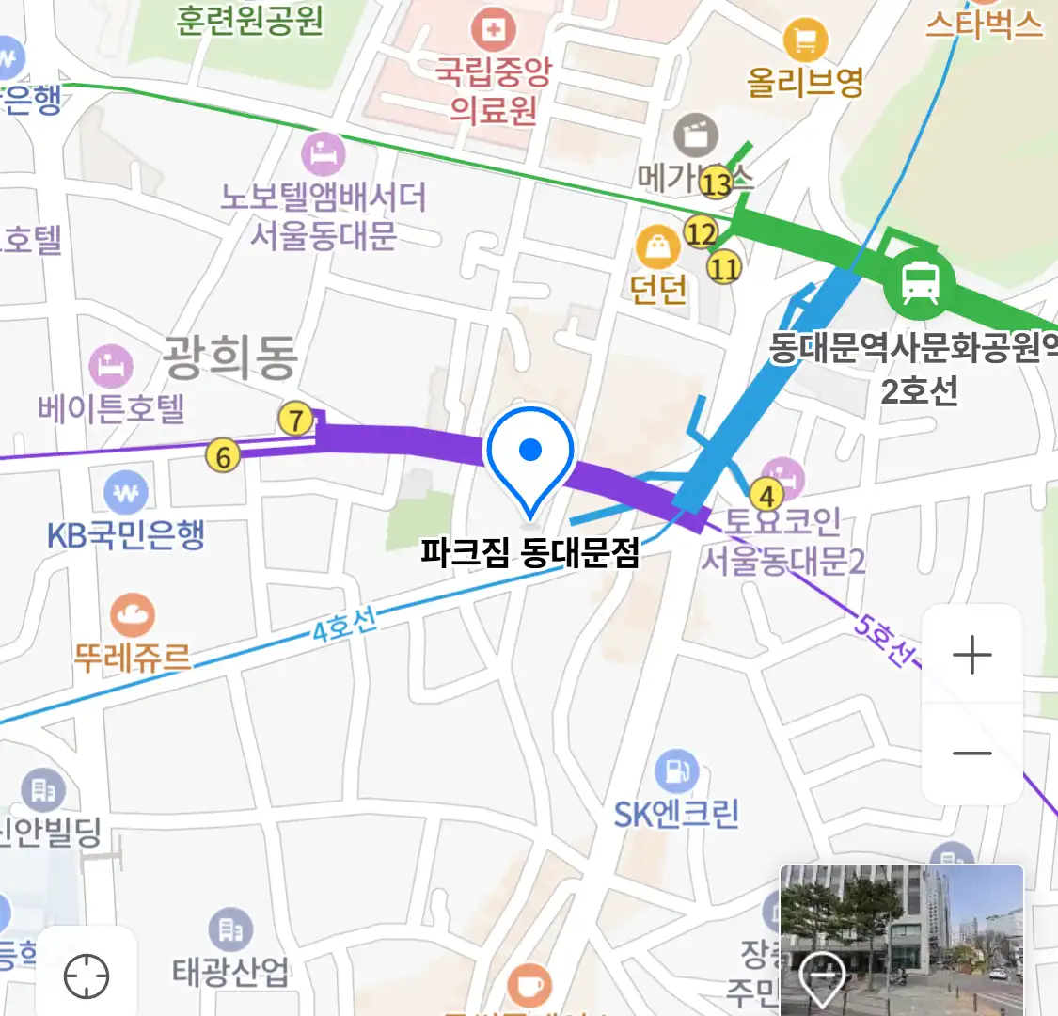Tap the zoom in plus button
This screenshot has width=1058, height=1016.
971,655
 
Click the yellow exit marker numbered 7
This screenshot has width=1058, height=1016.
296,420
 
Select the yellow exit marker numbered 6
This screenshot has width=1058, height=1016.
223,457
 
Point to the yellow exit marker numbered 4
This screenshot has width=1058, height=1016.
768,495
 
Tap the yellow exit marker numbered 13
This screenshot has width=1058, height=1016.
717,183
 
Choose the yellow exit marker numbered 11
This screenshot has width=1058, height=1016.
723,269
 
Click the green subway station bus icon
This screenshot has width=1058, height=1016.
919,281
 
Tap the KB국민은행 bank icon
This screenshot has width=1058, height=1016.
126,492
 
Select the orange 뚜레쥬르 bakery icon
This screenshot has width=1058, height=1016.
132,616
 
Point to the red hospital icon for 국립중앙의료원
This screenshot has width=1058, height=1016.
492,30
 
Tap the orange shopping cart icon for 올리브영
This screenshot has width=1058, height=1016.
805,40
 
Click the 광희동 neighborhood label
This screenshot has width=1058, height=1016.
230,357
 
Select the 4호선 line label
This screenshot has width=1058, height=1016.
344,625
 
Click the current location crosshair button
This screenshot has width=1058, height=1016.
87,976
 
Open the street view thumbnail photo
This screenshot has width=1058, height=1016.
901,939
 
